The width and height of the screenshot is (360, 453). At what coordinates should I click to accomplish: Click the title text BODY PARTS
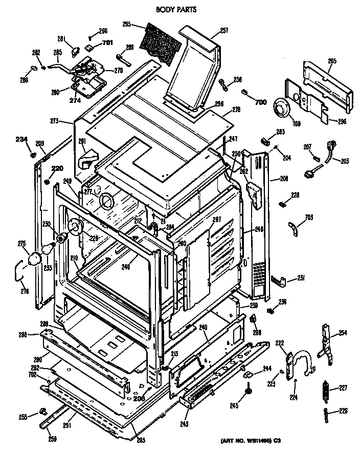tap(175, 9)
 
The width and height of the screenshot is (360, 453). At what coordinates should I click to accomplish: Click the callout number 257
tap(223, 31)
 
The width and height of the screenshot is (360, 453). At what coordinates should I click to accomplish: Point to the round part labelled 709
tap(280, 108)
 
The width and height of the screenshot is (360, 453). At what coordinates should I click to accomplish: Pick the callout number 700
tap(260, 102)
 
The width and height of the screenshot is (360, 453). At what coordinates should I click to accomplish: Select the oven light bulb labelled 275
tap(35, 259)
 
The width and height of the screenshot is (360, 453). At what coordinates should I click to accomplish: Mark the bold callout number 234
tap(20, 139)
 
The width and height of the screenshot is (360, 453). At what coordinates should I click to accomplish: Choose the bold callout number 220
tap(57, 169)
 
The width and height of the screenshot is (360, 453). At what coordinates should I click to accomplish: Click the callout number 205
tap(331, 61)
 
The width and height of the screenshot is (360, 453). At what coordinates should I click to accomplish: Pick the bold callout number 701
tap(107, 42)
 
